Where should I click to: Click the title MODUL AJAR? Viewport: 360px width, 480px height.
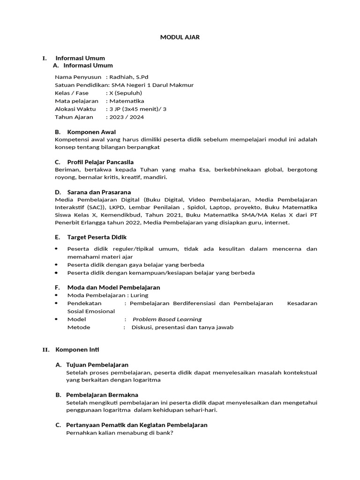pos(180,37)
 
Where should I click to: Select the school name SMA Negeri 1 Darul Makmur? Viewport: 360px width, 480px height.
pos(151,85)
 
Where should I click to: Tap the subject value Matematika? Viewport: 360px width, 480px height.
pos(127,101)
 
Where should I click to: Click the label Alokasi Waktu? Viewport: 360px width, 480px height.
pos(75,109)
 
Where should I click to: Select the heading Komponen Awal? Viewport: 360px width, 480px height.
pos(91,132)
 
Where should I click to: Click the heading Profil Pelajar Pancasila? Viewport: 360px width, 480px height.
pos(100,162)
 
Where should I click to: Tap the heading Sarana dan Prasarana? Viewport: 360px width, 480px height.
pos(99,192)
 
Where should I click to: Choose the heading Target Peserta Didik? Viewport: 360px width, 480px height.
pos(97,237)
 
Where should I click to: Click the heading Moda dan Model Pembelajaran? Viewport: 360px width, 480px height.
pos(113,287)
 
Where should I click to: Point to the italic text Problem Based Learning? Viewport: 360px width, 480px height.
pos(167,319)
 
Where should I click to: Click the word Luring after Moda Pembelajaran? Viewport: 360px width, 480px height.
pos(140,295)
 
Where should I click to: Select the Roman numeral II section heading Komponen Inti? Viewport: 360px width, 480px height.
pos(77,350)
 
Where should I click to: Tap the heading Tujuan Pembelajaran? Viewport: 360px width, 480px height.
pos(97,365)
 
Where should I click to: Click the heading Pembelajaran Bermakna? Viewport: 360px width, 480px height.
pos(102,395)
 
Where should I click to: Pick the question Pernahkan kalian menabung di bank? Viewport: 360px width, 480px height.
pos(120,433)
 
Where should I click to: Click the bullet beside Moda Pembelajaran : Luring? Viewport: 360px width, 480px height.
pos(57,295)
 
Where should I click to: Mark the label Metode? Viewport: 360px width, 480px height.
pos(79,327)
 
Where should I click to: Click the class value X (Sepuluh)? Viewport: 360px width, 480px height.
pos(125,93)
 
